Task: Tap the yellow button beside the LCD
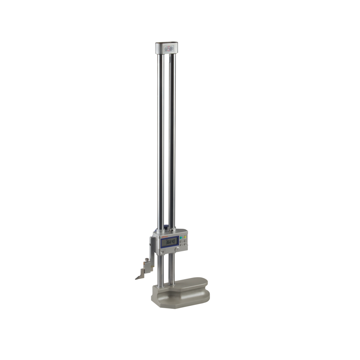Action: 185,237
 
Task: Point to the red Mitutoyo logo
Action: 164,237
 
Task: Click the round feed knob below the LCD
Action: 177,249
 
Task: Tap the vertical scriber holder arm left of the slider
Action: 153,252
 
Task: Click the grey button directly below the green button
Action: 181,241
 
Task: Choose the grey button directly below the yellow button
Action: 185,240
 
